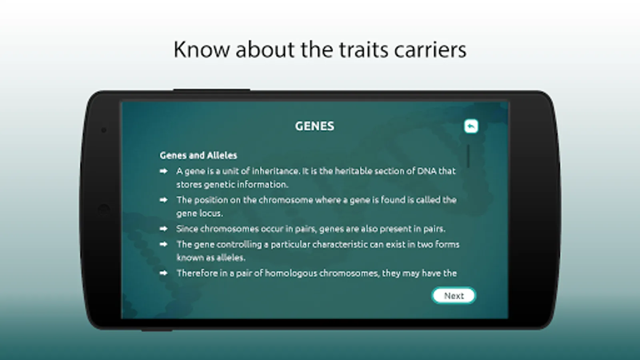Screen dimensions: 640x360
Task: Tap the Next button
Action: point(454,296)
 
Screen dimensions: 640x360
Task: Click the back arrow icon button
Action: point(471,126)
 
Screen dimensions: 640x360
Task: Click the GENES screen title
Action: point(314,126)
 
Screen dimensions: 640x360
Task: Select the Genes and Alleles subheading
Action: point(198,156)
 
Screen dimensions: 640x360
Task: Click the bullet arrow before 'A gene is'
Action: point(164,171)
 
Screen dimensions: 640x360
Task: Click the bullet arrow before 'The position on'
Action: point(164,200)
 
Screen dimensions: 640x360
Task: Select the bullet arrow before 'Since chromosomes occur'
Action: point(164,228)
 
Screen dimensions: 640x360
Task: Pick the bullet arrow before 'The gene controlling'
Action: point(164,244)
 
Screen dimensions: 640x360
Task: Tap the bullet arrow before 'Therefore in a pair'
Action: point(164,273)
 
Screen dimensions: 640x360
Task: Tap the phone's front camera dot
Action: point(104,130)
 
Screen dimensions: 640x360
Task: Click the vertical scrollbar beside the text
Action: point(468,156)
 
